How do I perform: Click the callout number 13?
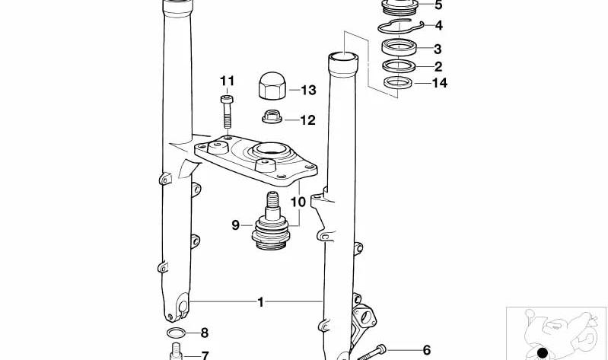[x=309, y=90]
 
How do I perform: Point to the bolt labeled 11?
[x=228, y=112]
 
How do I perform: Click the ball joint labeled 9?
[x=271, y=222]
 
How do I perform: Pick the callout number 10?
[x=298, y=202]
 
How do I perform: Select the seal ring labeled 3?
[x=399, y=48]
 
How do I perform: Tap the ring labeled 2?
[x=399, y=65]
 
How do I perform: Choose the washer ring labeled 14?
[x=399, y=83]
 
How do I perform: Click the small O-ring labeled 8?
[x=176, y=333]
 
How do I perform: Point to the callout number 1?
[x=260, y=302]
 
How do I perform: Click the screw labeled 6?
[x=371, y=352]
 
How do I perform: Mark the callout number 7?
[x=205, y=355]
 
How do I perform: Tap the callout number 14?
[x=439, y=83]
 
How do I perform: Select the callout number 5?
[x=438, y=5]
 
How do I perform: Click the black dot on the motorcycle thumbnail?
[x=542, y=353]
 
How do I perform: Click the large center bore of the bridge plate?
[x=270, y=149]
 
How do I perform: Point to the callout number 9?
[x=235, y=225]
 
